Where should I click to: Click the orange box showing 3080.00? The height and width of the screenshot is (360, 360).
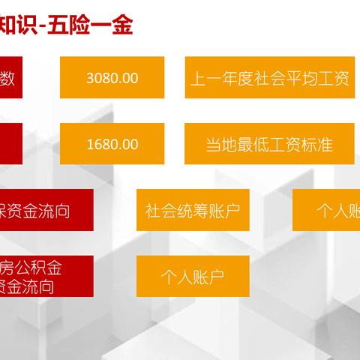point(112,78)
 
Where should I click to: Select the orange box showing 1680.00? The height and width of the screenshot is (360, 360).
point(112,144)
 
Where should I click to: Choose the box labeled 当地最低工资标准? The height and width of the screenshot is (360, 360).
point(268,144)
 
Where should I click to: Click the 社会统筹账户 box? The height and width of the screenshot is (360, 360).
point(193,210)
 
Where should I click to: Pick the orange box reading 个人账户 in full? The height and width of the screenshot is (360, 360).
point(193,276)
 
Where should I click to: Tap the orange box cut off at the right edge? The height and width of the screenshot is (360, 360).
point(327,210)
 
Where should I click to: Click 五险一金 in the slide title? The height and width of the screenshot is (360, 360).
point(100,26)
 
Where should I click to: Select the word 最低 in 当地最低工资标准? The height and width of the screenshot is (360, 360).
point(253,144)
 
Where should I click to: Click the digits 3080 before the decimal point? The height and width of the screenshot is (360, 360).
point(103,78)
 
